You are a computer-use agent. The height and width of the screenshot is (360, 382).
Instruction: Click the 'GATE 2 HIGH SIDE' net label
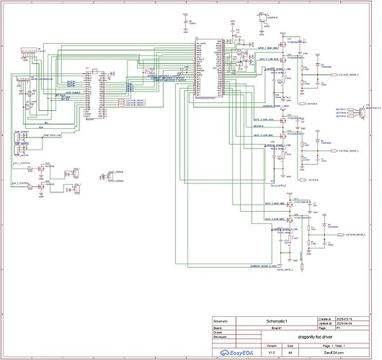[264, 120]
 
